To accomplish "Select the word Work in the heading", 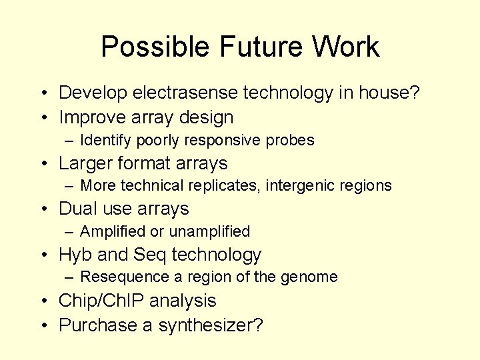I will [x=347, y=47].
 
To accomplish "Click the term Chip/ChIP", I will [x=101, y=301].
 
